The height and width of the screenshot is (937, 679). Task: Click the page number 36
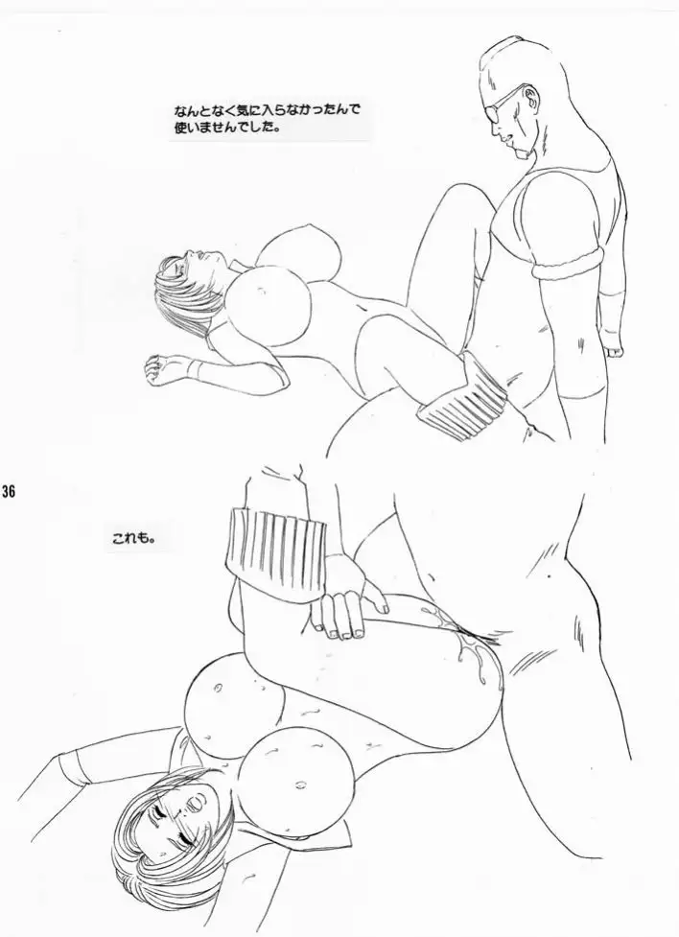(8, 492)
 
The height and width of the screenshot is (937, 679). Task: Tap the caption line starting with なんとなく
(269, 111)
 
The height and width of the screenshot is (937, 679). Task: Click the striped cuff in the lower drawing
(276, 547)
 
